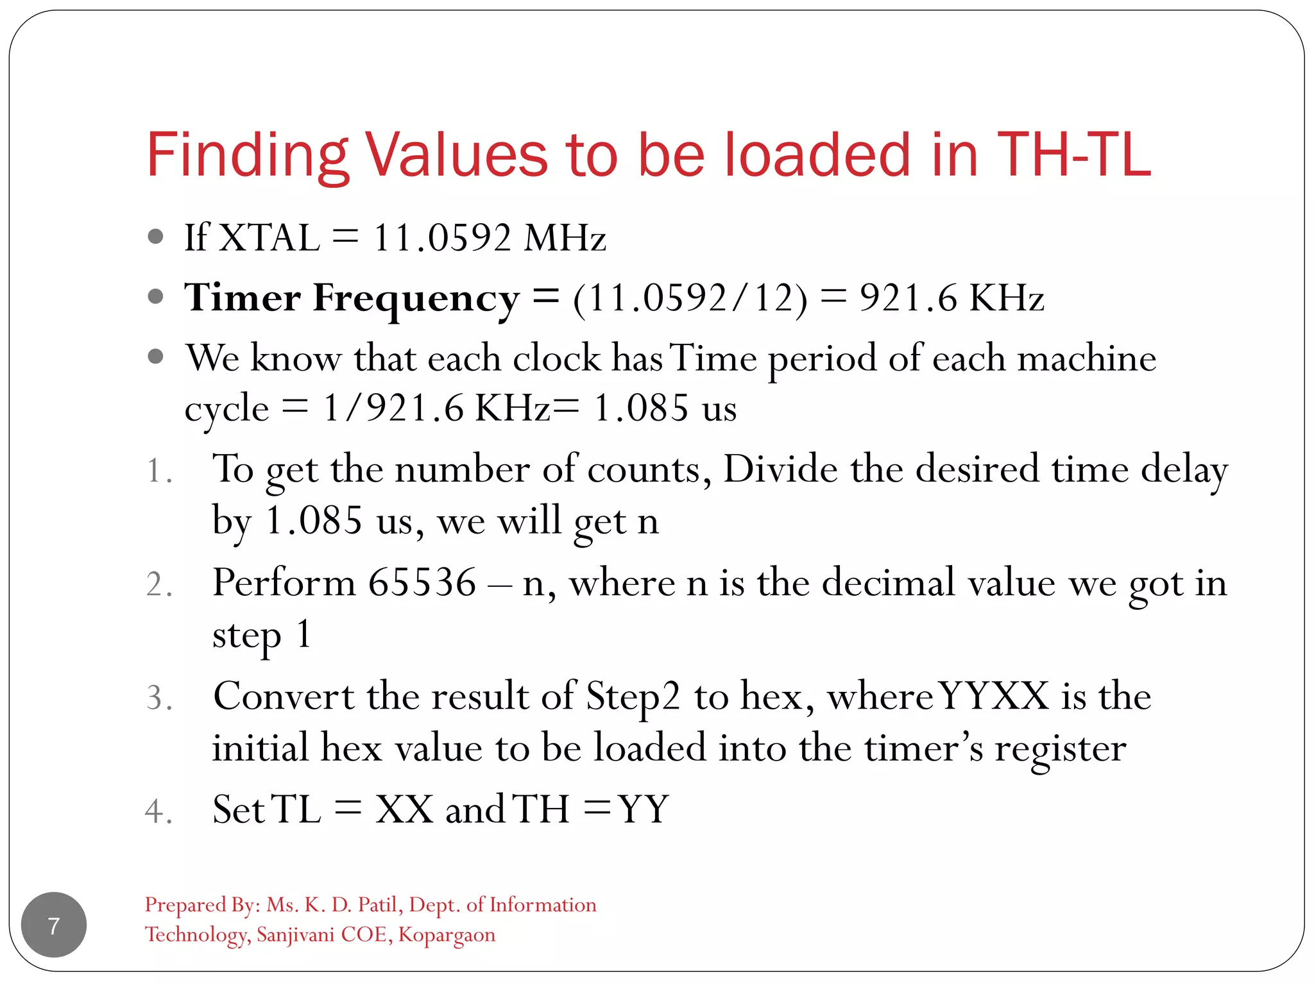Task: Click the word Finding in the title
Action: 248,155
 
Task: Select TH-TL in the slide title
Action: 1074,155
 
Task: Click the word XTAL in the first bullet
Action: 269,238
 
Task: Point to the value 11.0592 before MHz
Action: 442,238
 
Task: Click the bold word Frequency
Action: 416,299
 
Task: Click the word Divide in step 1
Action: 780,469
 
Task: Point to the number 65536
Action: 422,583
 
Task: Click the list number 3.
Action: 158,698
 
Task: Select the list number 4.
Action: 158,811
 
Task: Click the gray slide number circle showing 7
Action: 54,925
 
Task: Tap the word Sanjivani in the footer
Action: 296,935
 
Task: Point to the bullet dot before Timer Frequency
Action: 155,297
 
